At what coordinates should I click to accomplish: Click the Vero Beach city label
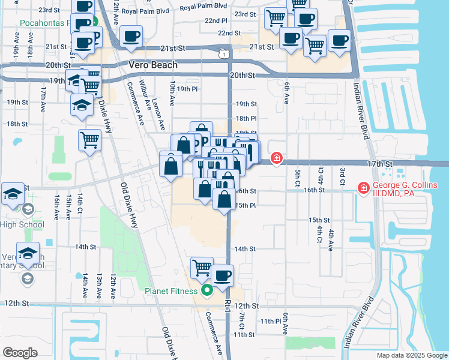tap(153, 65)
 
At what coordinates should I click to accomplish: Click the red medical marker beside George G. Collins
tap(363, 188)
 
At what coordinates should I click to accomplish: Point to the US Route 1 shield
tap(223, 54)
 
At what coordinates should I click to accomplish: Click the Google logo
tap(20, 352)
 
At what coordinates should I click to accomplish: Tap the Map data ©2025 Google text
tap(411, 355)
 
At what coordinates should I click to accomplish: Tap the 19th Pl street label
tap(187, 89)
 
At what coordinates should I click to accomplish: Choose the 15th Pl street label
tap(246, 206)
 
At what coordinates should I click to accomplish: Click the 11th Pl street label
tap(271, 321)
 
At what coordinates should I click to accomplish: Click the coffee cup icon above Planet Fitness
tap(223, 275)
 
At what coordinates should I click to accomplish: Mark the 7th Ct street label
tap(241, 320)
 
